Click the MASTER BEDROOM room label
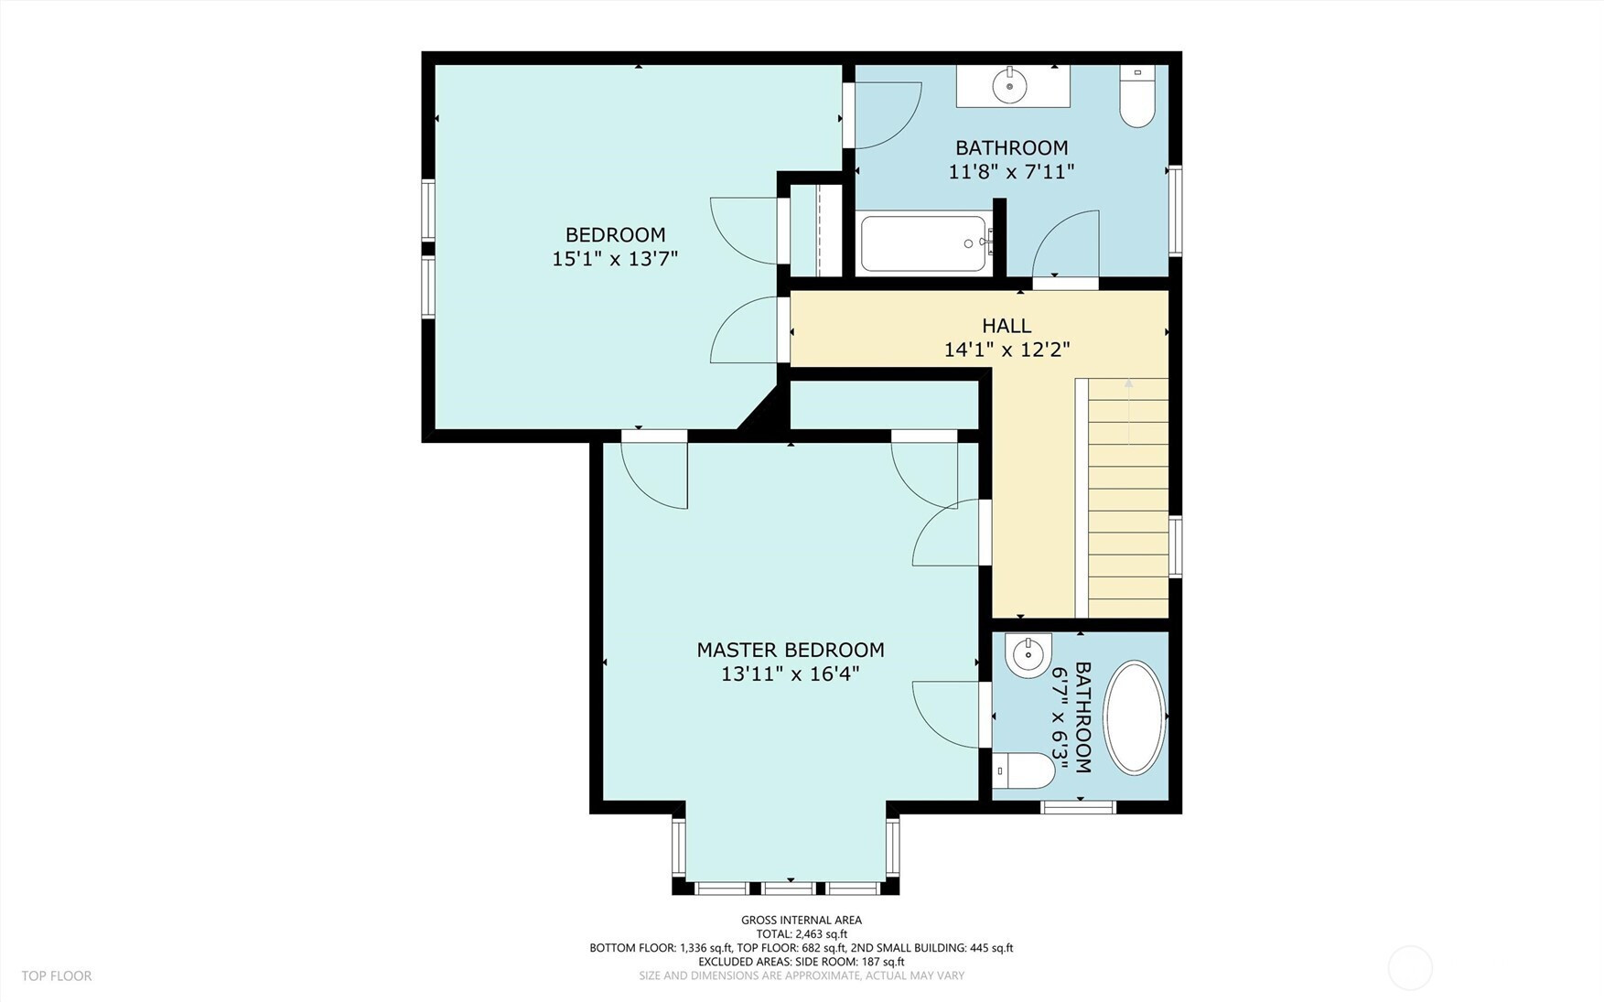[x=791, y=650]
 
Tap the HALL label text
[x=1007, y=325]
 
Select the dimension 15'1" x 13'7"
[x=615, y=259]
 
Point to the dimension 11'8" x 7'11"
[x=1011, y=171]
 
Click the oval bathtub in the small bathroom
[x=1135, y=717]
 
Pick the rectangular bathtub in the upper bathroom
[x=924, y=243]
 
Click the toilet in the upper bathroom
[x=1137, y=95]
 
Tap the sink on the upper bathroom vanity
[x=1010, y=85]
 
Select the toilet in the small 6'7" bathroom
[x=1024, y=770]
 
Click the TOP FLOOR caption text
[x=57, y=976]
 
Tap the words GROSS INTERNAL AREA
[x=802, y=921]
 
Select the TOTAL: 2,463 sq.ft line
[x=802, y=934]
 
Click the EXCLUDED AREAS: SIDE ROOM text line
[x=802, y=962]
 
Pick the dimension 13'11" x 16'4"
[x=791, y=674]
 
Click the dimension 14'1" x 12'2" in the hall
[x=1007, y=350]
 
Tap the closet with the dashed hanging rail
[x=817, y=230]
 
